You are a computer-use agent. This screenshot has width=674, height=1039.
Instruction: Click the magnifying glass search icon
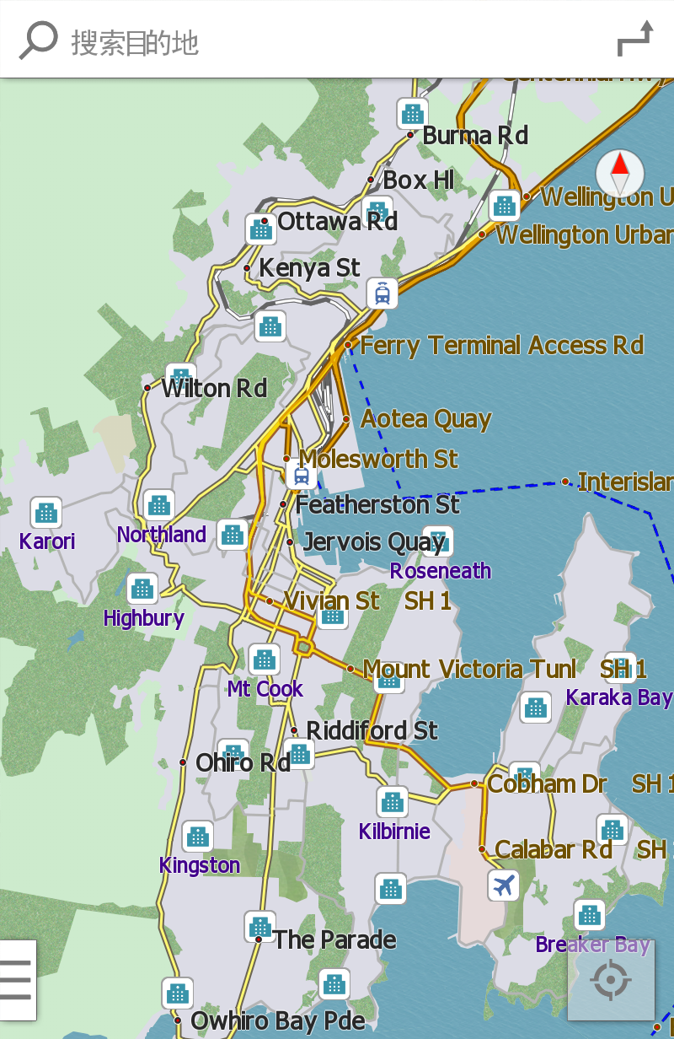click(38, 40)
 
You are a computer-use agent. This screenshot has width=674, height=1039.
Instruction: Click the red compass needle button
click(620, 174)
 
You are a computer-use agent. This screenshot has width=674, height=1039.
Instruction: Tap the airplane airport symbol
click(504, 886)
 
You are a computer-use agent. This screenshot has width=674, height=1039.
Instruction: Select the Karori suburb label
click(47, 541)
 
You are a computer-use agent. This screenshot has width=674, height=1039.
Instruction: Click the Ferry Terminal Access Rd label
click(501, 345)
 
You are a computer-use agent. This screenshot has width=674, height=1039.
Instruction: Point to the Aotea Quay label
click(425, 419)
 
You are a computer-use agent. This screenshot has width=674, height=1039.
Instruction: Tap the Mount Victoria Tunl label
click(469, 670)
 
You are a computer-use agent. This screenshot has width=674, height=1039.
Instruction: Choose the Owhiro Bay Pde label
click(278, 1021)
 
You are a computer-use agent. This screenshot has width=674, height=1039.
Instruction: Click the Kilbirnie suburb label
click(394, 832)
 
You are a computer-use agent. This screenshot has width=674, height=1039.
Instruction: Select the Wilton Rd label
click(214, 389)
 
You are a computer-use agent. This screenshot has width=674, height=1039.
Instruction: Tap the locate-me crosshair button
click(611, 980)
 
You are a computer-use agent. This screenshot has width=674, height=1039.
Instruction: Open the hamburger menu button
click(16, 980)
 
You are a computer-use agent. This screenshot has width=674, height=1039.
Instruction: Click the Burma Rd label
click(475, 135)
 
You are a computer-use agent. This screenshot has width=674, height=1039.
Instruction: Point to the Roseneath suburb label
click(440, 571)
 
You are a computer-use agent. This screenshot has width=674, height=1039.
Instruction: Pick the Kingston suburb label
click(200, 865)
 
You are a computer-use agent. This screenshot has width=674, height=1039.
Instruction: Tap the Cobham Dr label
click(547, 784)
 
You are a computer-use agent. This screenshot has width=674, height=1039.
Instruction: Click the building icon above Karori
click(46, 512)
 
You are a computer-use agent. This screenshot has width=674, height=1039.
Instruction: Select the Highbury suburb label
click(143, 618)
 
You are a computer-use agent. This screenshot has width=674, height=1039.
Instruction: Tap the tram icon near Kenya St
click(382, 293)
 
